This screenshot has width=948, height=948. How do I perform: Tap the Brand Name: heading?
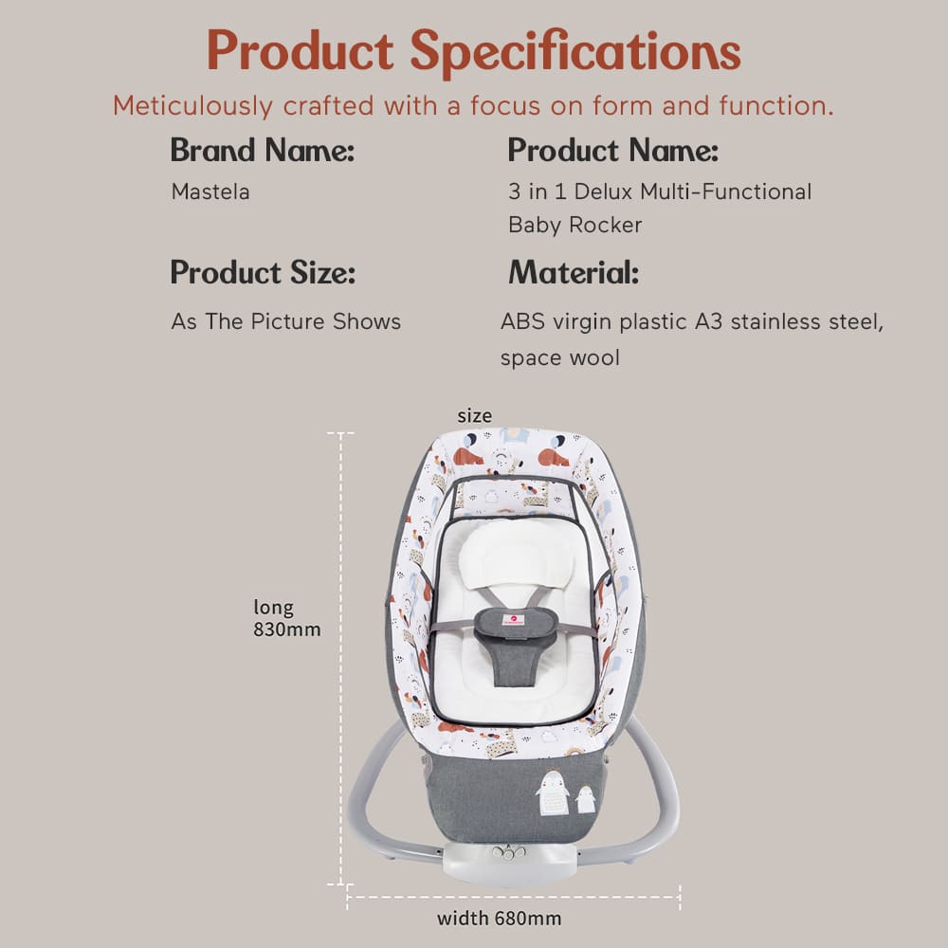(262, 150)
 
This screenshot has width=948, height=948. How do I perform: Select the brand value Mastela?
(210, 191)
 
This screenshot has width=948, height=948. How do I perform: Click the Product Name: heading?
(612, 150)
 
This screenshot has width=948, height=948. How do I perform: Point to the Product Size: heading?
(263, 273)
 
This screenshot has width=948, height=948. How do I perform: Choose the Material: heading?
(574, 273)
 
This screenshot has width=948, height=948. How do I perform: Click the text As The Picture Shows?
(285, 321)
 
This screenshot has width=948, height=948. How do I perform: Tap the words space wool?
(559, 358)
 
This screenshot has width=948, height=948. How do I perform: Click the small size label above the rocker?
(474, 415)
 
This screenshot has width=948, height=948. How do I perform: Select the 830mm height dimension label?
(286, 629)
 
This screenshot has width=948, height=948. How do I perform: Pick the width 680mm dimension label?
(499, 918)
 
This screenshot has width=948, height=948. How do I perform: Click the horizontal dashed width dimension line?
(513, 891)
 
